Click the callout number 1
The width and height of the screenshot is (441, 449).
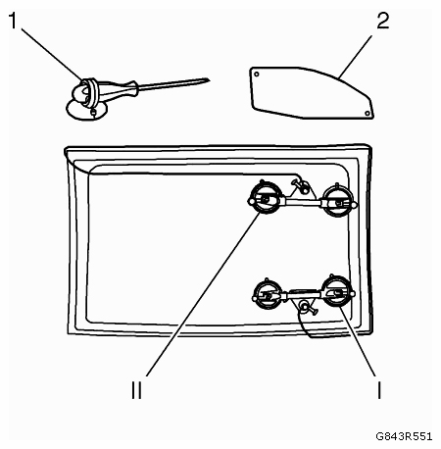[13, 21]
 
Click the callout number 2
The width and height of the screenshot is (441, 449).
[383, 21]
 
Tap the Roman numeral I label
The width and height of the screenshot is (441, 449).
[379, 390]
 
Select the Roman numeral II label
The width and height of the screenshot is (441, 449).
[136, 390]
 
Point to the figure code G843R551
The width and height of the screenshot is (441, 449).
[404, 436]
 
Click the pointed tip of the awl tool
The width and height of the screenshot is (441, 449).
[209, 79]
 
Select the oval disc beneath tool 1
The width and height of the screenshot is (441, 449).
[86, 111]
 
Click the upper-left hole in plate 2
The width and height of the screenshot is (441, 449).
[257, 75]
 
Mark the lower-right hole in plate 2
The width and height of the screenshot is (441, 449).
[367, 113]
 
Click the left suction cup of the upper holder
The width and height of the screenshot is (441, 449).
[266, 198]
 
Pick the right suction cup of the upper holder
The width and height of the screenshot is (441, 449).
[339, 201]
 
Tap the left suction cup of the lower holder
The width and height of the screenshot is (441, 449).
[268, 294]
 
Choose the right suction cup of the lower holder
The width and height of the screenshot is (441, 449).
[336, 292]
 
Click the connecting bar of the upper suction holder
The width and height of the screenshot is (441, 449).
[302, 202]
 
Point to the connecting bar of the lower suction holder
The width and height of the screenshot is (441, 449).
[302, 294]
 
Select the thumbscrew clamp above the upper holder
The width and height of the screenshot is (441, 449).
[301, 185]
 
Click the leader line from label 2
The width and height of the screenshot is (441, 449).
[356, 57]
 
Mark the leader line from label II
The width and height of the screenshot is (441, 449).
[203, 294]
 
